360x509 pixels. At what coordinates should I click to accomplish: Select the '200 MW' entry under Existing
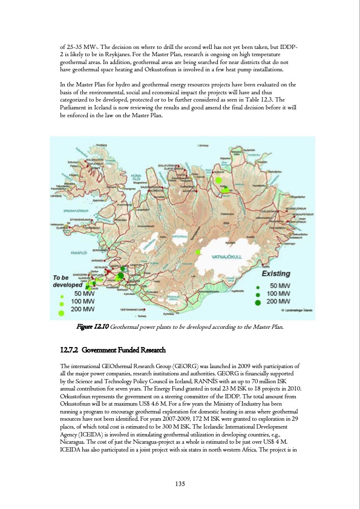(x=279, y=301)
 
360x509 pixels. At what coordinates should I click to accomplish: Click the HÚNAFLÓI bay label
(x=136, y=176)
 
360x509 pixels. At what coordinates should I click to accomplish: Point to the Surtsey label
(x=142, y=316)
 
